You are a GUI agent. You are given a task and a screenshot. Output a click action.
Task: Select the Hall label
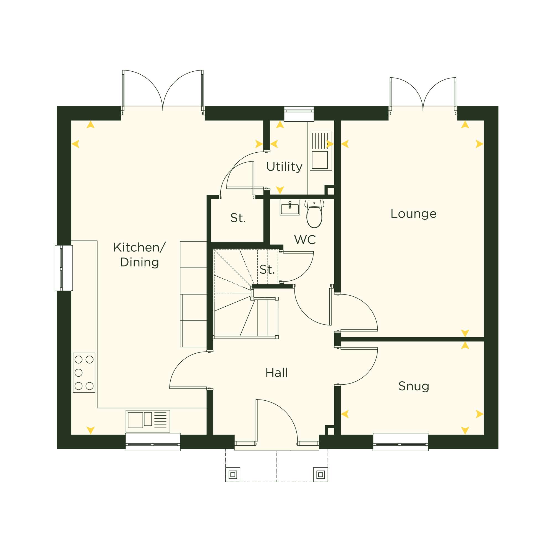[x=276, y=373]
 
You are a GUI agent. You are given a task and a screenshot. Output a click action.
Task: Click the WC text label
[x=305, y=240]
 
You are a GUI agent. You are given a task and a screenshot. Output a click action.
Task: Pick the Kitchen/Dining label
[x=139, y=255]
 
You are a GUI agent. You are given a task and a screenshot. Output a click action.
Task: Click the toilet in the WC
[x=314, y=214]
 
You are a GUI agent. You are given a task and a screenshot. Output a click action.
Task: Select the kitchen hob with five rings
[x=84, y=373]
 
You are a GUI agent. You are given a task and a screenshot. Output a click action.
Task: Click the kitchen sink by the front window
[x=148, y=421]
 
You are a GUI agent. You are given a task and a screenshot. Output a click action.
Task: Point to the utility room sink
[x=321, y=151]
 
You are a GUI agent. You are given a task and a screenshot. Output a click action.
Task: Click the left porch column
[x=233, y=475]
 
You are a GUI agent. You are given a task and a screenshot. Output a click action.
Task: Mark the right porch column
[x=320, y=475]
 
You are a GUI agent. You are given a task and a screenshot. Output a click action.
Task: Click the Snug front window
[x=400, y=442]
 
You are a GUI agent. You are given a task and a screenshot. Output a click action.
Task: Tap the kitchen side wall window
[x=64, y=268]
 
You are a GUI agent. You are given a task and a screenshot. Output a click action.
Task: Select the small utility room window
[x=299, y=114]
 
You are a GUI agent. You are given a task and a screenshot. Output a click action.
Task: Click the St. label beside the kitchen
[x=238, y=218]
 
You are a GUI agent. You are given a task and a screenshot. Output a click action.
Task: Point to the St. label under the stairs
[x=267, y=270]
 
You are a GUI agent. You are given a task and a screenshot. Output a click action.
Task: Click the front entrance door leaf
[x=257, y=422]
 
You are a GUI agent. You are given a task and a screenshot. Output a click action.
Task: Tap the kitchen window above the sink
[x=153, y=442]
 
